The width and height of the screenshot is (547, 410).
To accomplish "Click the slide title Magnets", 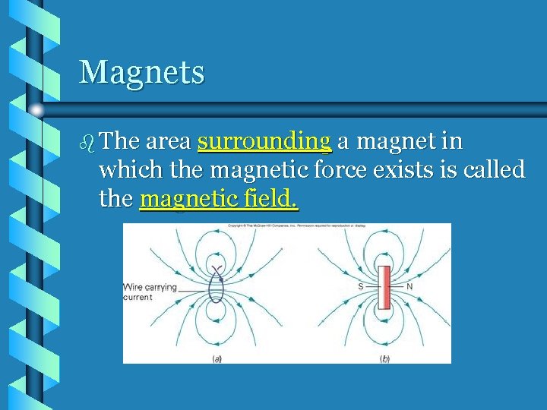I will pos(142,73).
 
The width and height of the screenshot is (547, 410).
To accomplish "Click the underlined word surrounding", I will pos(264,142).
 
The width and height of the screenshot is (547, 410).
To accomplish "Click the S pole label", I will pos(360,287).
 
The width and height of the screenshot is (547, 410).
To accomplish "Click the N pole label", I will pos(410,287).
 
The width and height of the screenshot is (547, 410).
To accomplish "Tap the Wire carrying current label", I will pos(150,292).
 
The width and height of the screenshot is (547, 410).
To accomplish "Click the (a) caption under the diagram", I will pos(217,358).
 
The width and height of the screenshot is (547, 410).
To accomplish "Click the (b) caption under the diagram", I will pos(385,358).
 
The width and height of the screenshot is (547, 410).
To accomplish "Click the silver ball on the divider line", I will pos(36,111).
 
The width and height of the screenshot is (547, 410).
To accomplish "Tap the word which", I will pos(124,170).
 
